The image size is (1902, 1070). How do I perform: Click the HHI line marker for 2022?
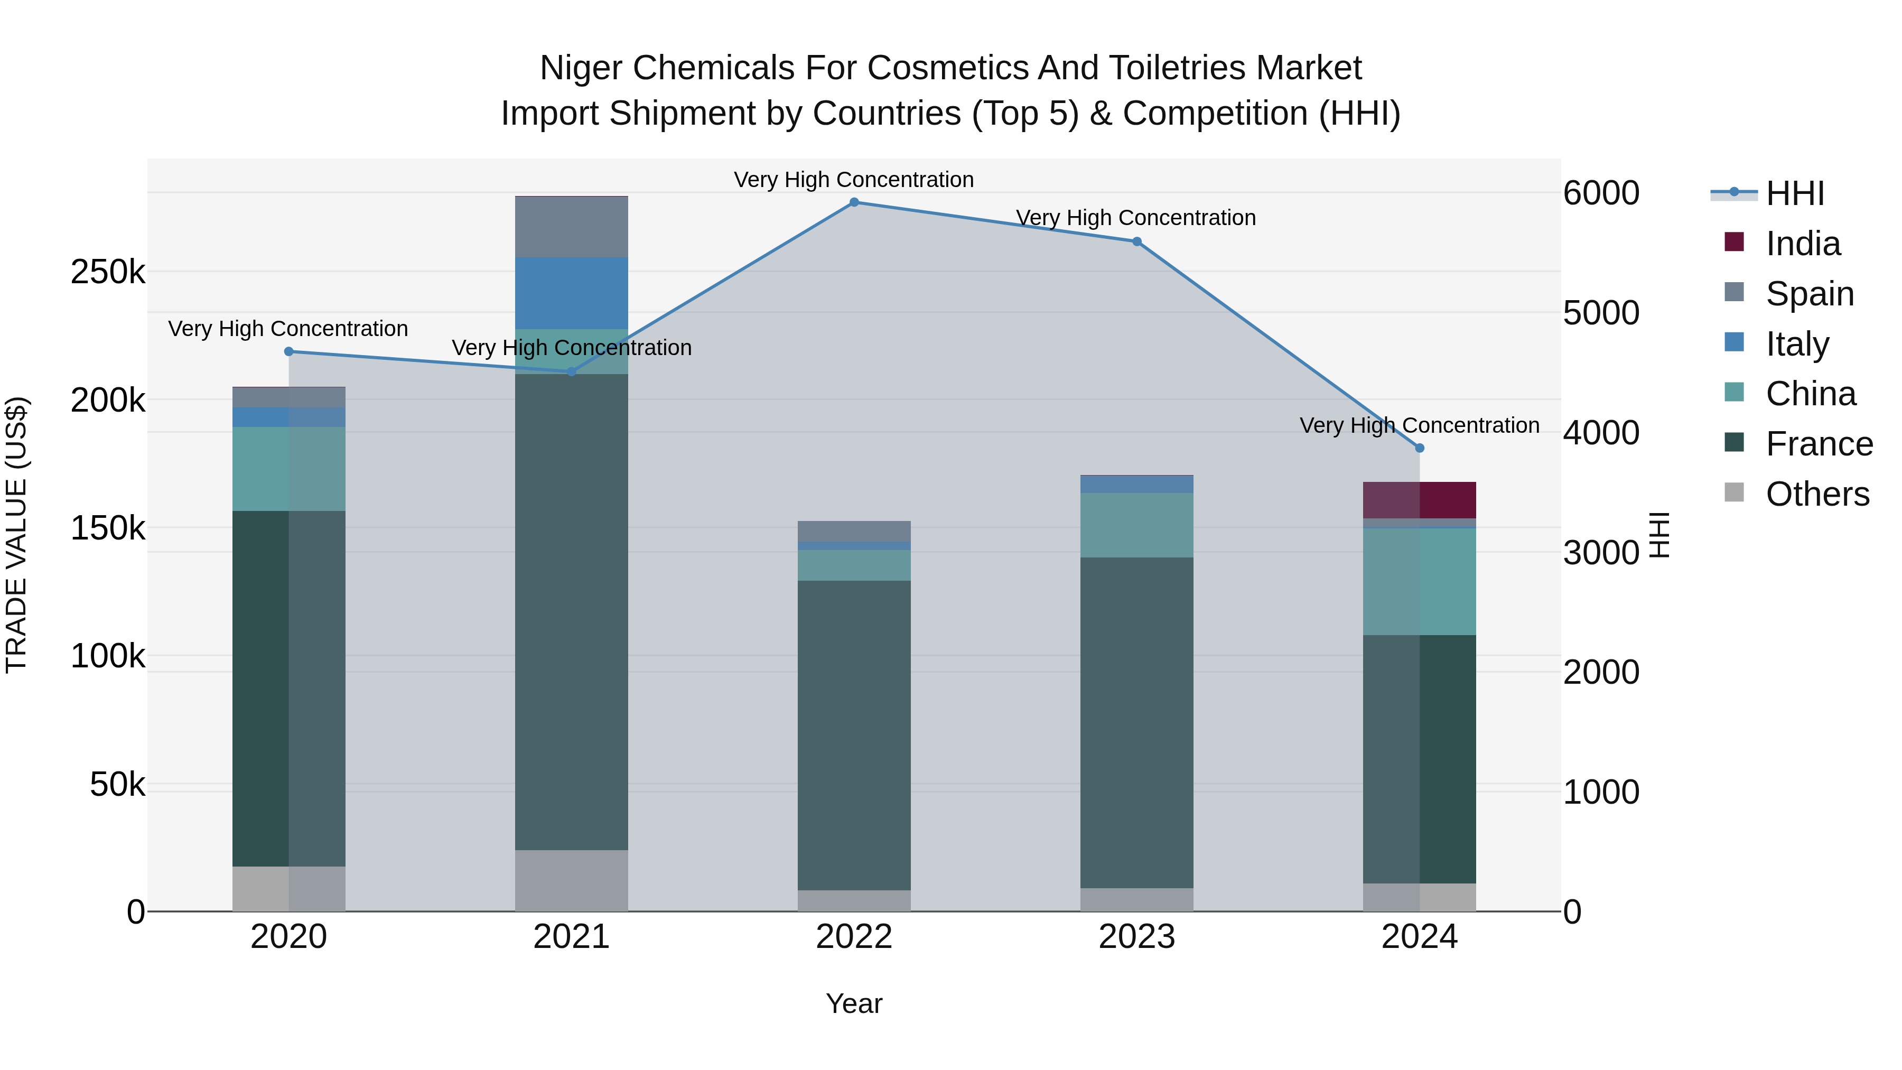click(854, 202)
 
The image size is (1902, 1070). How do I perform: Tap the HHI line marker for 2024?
click(1419, 448)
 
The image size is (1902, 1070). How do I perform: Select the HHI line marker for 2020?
click(288, 351)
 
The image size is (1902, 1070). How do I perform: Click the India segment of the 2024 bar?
click(1419, 500)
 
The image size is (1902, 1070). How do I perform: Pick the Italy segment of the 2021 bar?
click(572, 293)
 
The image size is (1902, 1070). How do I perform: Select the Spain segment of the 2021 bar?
click(572, 227)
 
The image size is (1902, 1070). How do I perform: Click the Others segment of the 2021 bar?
click(572, 880)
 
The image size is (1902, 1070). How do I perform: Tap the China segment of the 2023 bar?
click(1136, 525)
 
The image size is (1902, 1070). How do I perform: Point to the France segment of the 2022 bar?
click(854, 735)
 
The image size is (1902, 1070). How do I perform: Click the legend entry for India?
click(1802, 244)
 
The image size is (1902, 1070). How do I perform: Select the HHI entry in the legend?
click(1794, 193)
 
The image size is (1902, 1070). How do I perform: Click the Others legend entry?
click(1816, 494)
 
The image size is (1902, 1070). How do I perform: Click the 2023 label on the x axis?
click(1136, 937)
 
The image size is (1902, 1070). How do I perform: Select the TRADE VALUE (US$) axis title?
click(17, 535)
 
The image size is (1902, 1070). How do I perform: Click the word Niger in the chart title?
click(583, 68)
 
